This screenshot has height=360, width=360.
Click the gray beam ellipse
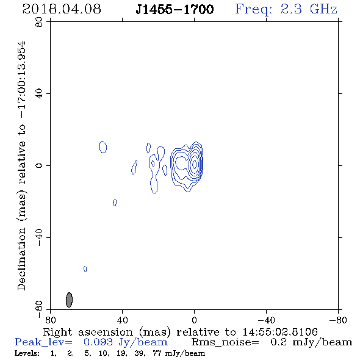69,300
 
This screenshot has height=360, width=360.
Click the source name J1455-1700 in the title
175,10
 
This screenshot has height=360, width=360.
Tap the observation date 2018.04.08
62,9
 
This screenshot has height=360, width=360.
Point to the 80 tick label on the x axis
50,320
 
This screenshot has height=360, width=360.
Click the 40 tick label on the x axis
122,320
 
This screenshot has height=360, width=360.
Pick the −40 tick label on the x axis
266,320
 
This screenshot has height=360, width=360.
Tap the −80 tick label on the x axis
338,320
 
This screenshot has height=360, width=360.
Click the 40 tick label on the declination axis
39,94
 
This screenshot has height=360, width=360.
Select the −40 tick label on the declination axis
39,237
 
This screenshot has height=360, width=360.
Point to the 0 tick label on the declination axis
39,165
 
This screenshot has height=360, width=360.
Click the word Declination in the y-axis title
21,259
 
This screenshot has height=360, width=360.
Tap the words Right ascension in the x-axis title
88,332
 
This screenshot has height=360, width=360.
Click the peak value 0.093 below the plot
98,342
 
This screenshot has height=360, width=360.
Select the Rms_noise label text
225,342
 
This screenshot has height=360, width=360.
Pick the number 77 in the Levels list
157,353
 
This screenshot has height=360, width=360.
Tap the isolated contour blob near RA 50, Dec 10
103,147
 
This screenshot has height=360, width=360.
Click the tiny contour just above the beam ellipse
85,269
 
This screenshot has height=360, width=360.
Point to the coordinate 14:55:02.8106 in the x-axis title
280,332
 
